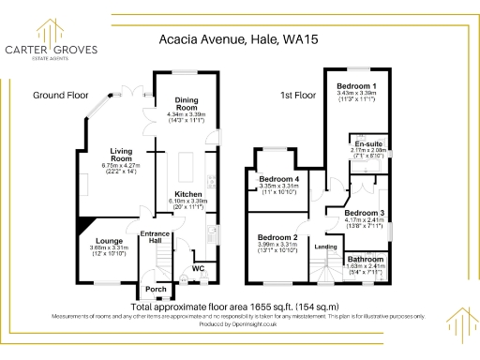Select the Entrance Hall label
(153, 236)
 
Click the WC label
(198, 269)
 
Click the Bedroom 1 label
(355, 86)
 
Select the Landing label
(325, 247)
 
